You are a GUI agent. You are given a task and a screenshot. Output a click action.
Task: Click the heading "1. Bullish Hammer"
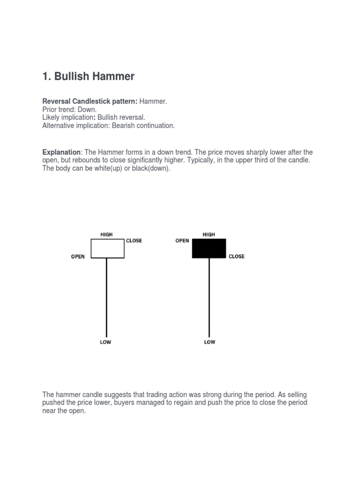[x=88, y=76]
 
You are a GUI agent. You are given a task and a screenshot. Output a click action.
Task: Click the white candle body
[x=107, y=248]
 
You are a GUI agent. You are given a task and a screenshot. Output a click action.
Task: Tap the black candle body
[x=209, y=248]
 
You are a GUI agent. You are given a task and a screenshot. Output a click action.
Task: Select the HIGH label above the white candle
[x=106, y=234]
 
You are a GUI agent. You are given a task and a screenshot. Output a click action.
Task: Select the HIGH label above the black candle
[x=209, y=234]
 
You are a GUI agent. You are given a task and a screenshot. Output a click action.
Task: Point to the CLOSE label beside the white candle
[x=134, y=241]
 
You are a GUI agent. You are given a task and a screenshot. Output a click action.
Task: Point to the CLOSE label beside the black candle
[x=237, y=257]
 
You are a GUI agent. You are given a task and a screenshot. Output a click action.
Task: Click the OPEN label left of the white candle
[x=78, y=257]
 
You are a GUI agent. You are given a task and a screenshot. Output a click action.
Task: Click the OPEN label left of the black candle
[x=182, y=241]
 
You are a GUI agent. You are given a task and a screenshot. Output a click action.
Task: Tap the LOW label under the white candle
[x=106, y=342]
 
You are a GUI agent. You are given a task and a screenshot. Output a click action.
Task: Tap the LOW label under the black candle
[x=210, y=342]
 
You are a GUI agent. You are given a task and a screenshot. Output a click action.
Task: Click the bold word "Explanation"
[x=61, y=152]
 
